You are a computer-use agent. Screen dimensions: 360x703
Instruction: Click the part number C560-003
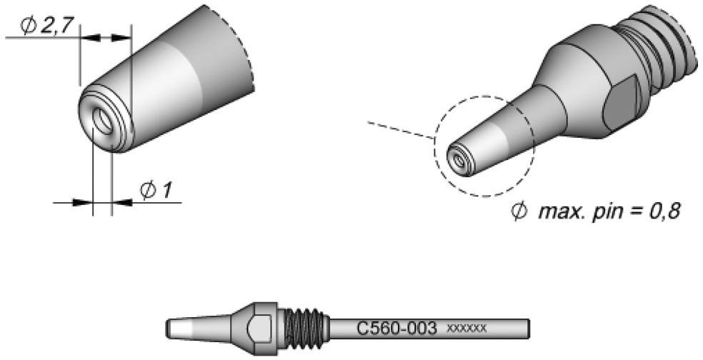click(x=397, y=329)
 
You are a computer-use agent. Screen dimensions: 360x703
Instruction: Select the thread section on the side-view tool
click(x=303, y=329)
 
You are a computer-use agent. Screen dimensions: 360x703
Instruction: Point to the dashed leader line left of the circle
click(x=400, y=130)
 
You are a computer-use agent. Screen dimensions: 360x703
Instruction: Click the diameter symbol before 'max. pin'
click(x=519, y=212)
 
